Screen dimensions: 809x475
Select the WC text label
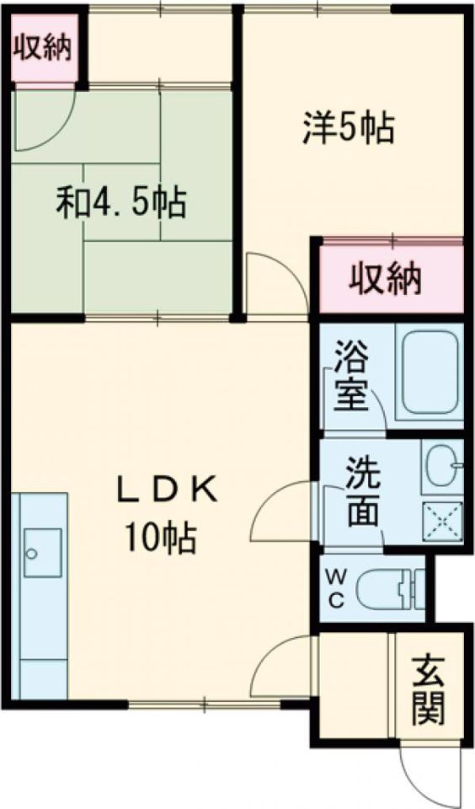click(334, 588)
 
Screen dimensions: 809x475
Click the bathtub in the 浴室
click(430, 373)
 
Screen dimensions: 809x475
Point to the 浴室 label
click(350, 374)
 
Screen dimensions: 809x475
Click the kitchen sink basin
click(42, 552)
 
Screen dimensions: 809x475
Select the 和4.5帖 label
click(121, 203)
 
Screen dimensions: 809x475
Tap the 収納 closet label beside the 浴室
click(387, 279)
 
